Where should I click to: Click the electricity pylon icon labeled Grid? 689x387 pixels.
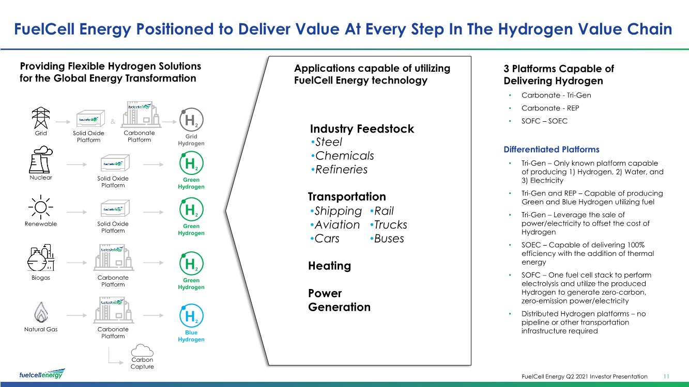point(41,118)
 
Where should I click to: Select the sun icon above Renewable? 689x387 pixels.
point(41,207)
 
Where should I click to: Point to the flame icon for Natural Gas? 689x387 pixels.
point(41,312)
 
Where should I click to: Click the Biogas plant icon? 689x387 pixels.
point(41,257)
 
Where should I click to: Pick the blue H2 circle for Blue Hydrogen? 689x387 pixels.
point(191,315)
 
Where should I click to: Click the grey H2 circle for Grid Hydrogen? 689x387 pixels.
point(191,120)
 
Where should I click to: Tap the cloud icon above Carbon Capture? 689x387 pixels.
point(142,350)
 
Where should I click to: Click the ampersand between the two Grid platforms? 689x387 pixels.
point(113,122)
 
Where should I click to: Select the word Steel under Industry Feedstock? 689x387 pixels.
point(329,142)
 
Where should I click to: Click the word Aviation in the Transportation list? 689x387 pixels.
point(337,225)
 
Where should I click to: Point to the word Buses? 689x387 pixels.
point(389,238)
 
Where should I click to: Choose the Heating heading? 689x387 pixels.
point(329,266)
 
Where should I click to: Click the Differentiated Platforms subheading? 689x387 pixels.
point(552,150)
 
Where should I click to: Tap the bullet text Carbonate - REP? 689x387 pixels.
point(550,108)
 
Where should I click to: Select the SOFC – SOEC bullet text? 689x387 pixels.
point(544,121)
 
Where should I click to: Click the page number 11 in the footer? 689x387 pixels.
point(666,376)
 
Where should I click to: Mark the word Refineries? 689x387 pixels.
point(342,170)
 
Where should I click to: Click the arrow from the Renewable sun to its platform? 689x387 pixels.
point(76,212)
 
